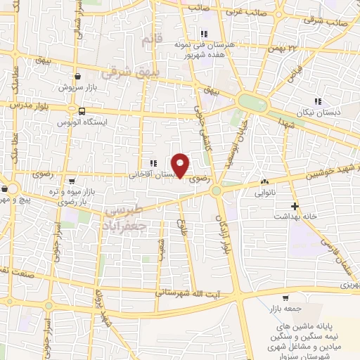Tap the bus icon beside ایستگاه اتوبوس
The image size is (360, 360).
click(83, 111)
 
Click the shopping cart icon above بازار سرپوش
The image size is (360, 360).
click(77, 77)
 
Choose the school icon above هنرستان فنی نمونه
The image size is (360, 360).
click(204, 34)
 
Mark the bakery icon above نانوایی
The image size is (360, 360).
click(264, 181)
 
